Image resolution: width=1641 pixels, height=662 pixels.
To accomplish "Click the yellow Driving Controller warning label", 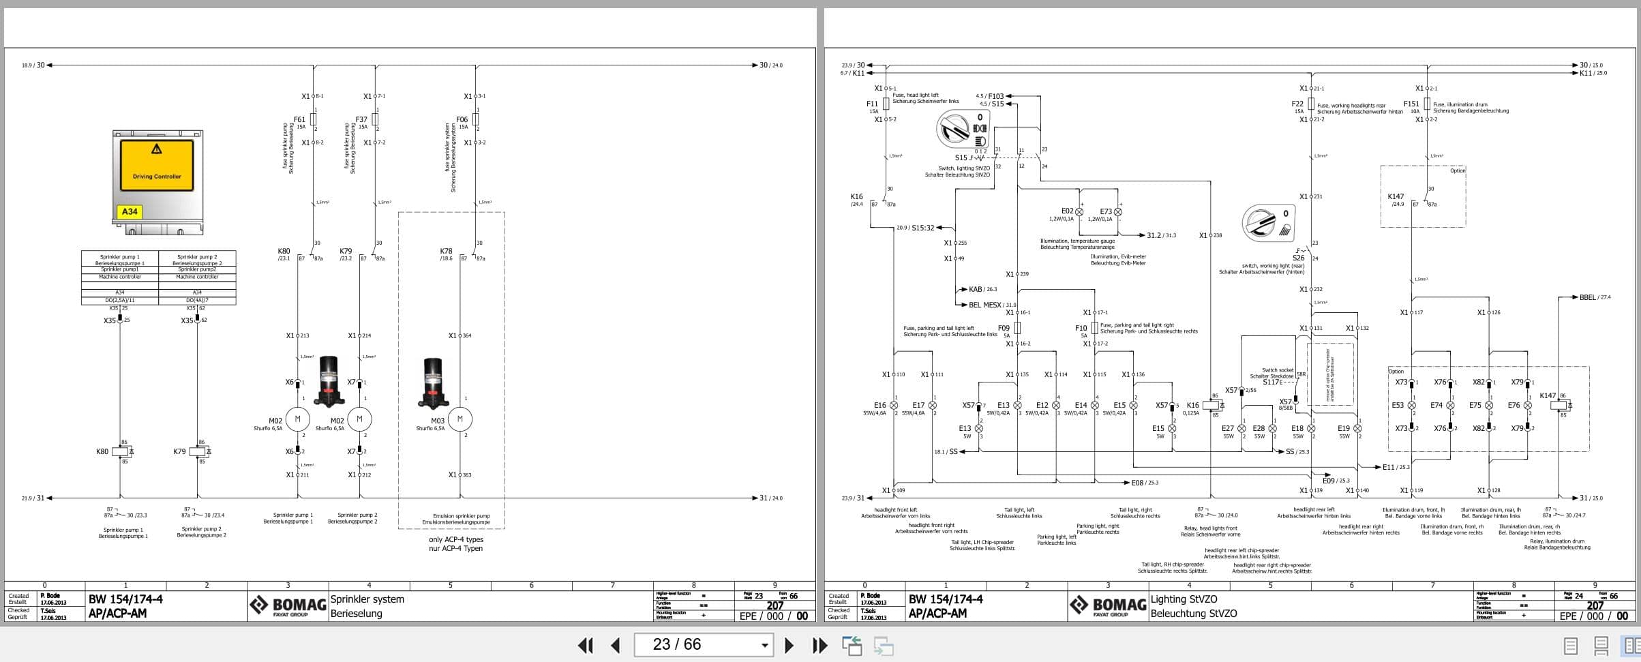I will coord(157,165).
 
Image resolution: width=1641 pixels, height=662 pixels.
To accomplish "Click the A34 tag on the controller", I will coord(130,211).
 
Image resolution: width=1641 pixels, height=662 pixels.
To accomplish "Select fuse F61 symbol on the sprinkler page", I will coord(313,119).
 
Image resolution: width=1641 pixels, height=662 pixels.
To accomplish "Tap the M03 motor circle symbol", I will coord(460,419).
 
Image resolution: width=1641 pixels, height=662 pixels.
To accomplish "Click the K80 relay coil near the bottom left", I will coord(121,451).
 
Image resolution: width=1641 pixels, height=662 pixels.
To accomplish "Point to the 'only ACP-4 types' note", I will coord(455,539).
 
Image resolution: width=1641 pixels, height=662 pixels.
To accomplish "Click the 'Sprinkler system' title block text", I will coord(367,599).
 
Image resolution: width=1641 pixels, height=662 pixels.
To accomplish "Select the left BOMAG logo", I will coord(288,605).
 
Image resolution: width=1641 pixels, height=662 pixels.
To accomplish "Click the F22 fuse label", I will coord(1297,104).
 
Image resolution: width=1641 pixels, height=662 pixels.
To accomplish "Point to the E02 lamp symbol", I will coord(1079,211).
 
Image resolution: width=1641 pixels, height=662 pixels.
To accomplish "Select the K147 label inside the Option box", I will coord(1396,196).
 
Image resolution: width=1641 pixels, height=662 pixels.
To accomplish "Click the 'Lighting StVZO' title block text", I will coord(1184,599).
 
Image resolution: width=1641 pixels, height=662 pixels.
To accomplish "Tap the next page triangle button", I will coord(789,645).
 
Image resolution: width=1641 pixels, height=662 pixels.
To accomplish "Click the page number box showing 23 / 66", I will coord(703,645).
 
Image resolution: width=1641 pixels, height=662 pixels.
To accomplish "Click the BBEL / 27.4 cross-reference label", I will coord(1595,297).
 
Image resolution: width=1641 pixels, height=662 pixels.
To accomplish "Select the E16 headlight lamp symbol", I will coord(894,405).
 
